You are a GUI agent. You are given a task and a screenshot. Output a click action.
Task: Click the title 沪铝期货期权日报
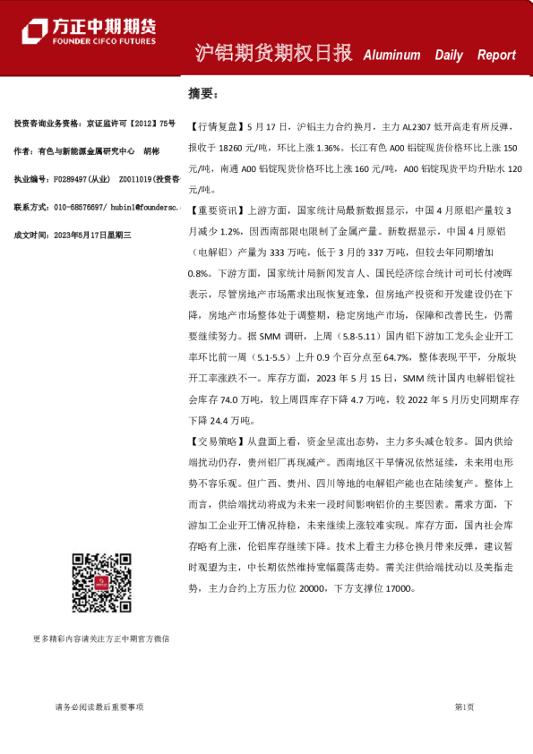[x=273, y=54]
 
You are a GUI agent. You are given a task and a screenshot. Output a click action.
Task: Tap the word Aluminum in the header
[x=391, y=55]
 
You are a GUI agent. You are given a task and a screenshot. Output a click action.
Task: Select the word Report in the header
[x=496, y=55]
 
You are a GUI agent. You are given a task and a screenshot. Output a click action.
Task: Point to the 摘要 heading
[x=202, y=92]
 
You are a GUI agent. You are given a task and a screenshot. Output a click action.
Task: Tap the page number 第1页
[x=464, y=707]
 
